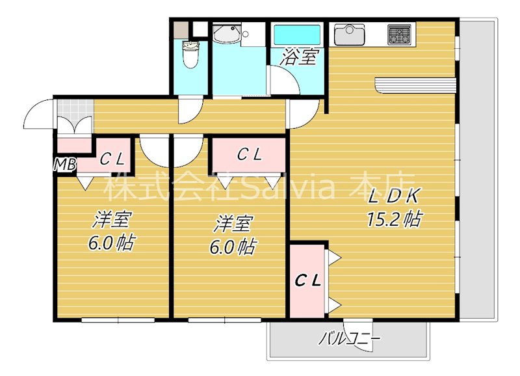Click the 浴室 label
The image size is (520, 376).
299,58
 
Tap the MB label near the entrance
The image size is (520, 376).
64,163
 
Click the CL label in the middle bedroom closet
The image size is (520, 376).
249,155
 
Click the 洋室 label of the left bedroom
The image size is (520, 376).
109,219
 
